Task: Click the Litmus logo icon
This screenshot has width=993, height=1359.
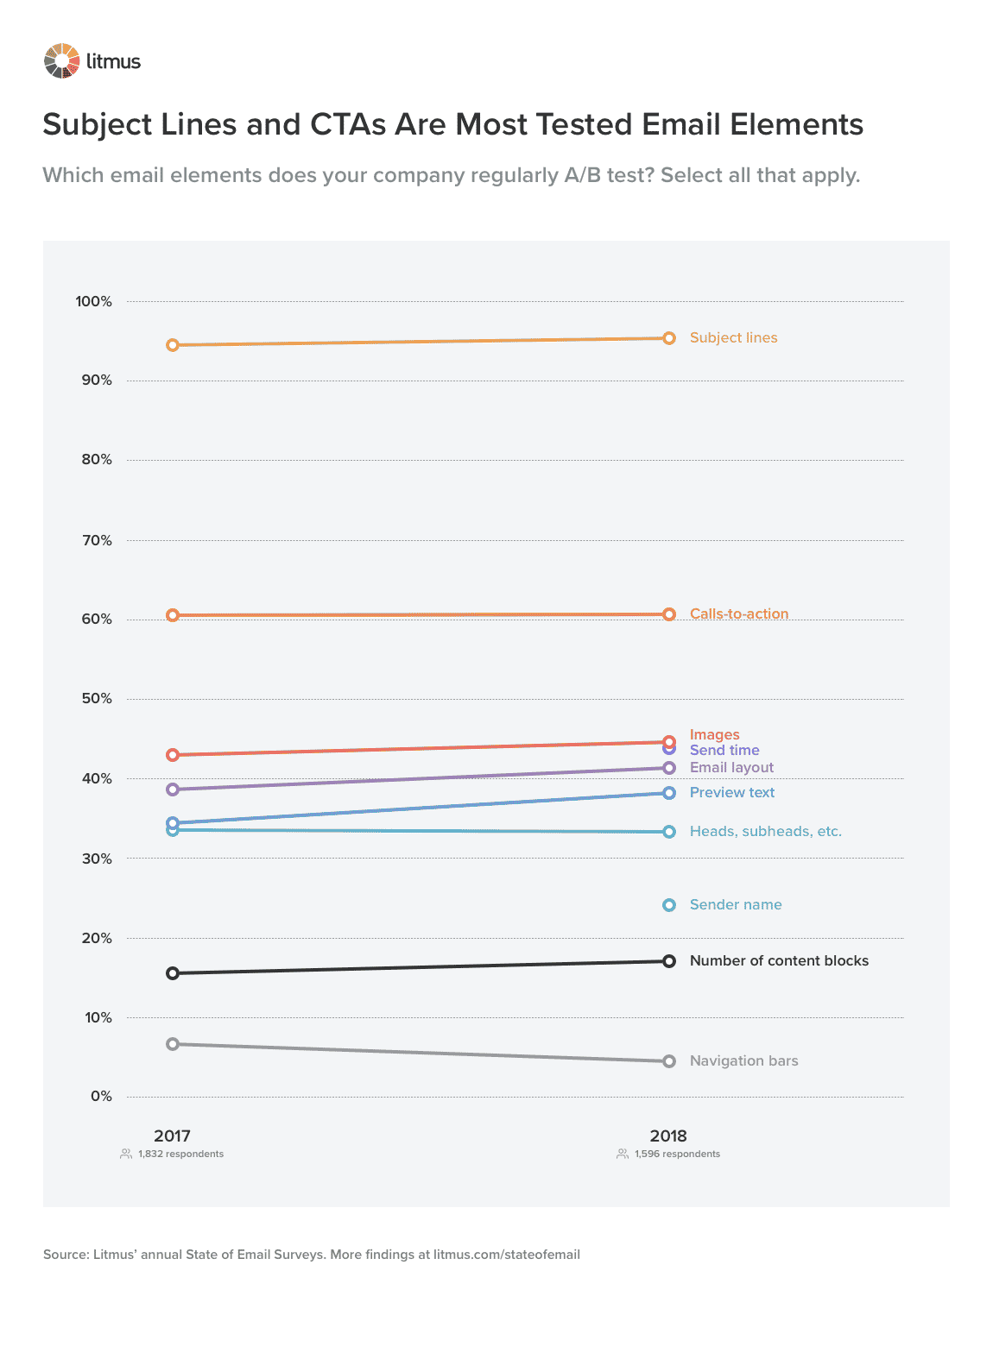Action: coord(62,61)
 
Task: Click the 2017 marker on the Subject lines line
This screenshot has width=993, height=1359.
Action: coord(173,345)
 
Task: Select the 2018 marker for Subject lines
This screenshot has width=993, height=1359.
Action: coord(669,338)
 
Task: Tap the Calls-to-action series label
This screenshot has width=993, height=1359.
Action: coord(738,613)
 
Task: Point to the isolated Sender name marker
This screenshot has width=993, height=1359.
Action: coord(669,905)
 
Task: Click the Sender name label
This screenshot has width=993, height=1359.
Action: coord(735,904)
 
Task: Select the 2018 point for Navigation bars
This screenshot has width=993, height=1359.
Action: coord(669,1061)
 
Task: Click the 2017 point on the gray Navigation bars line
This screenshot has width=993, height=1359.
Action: coord(173,1044)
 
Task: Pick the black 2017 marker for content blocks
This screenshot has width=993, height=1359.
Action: coord(173,973)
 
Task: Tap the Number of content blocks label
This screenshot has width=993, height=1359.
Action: coord(779,960)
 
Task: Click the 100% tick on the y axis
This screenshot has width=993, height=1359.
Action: coord(94,301)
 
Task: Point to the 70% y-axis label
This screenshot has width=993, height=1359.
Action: coord(97,540)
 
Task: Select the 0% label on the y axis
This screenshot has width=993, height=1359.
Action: coord(101,1096)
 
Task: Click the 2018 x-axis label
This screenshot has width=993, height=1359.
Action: coord(668,1136)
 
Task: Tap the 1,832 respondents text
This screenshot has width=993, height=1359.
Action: coord(180,1154)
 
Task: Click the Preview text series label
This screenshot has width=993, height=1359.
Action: coord(731,792)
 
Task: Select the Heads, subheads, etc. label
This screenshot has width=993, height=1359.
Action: coord(765,831)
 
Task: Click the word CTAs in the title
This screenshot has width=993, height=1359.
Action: coord(348,124)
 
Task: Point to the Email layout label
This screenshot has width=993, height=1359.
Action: coord(731,767)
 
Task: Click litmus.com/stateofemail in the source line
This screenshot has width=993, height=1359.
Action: coord(507,1254)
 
